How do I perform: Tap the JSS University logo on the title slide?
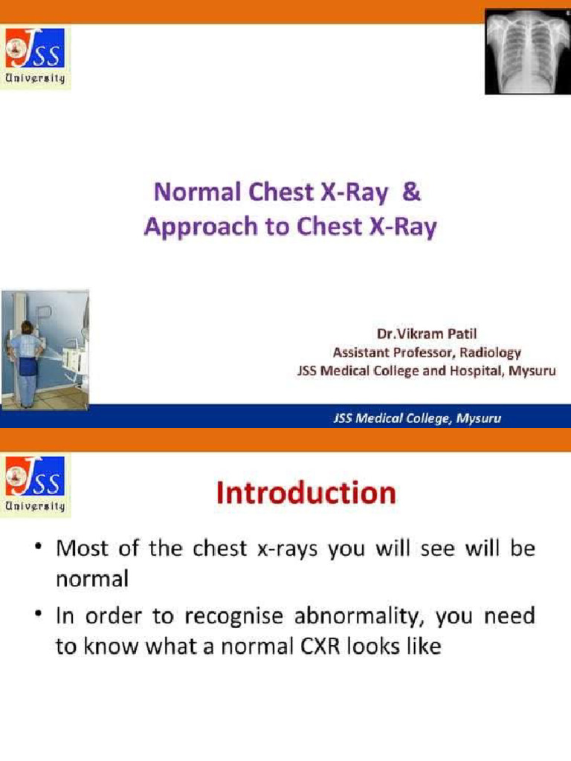point(35,58)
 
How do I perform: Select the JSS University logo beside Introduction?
point(35,487)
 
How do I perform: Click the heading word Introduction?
point(306,493)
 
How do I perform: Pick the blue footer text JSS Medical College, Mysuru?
point(416,418)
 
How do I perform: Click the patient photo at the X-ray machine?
point(45,349)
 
